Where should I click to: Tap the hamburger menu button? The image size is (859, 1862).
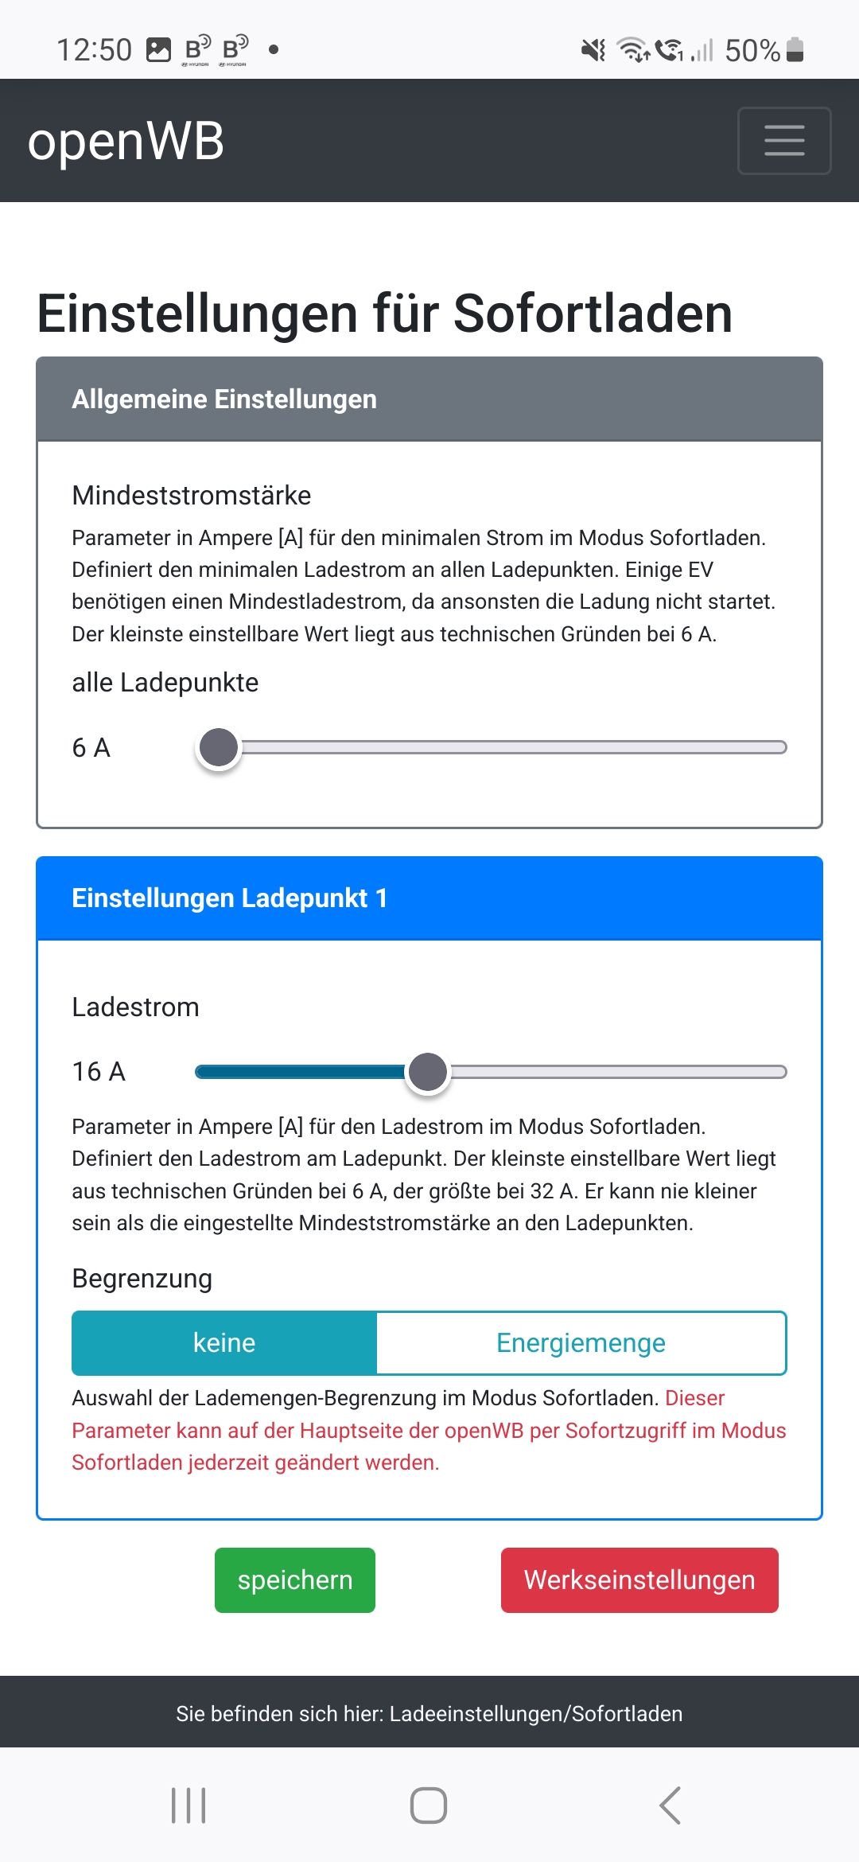[784, 141]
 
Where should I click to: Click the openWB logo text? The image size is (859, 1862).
[126, 142]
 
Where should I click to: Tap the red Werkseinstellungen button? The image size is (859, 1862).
[639, 1580]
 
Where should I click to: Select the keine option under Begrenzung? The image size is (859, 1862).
[224, 1343]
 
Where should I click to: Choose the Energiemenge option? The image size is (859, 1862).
[581, 1343]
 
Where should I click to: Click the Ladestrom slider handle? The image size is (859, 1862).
[428, 1072]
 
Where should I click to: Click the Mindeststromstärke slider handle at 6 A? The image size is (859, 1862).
[219, 747]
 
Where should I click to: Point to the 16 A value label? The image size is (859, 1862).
[99, 1072]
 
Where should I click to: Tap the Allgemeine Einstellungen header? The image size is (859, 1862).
[224, 399]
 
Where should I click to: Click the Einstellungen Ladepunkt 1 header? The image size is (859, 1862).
[229, 898]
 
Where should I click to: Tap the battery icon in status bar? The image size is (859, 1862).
[795, 50]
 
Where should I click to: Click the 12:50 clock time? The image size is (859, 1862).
[94, 50]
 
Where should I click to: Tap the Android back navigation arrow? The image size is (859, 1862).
[670, 1805]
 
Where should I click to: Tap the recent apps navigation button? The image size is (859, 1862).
[189, 1805]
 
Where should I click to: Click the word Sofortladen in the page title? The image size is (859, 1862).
[593, 314]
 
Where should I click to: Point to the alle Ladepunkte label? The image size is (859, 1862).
[165, 683]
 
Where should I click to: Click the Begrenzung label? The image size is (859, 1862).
[142, 1279]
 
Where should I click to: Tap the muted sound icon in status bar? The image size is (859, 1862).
[593, 50]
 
